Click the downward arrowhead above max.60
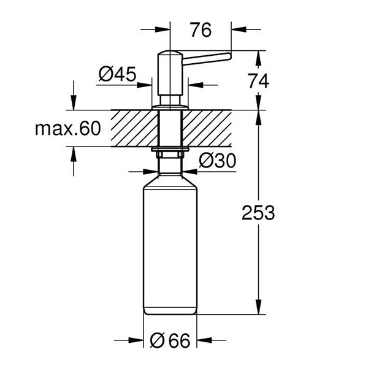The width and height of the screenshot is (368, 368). point(75,104)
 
